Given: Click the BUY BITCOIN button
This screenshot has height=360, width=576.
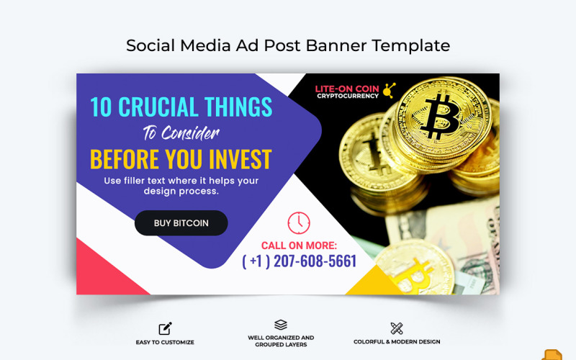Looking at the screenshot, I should tap(181, 223).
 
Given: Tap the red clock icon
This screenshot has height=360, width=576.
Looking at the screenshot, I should tap(299, 223).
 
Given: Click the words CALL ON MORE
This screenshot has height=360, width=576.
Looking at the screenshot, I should tap(299, 246).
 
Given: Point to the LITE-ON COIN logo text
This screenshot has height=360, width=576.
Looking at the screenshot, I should tap(347, 89).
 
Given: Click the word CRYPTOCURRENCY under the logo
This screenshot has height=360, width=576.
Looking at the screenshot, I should tap(347, 96).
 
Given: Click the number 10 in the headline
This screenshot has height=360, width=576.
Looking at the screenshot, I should tap(102, 107).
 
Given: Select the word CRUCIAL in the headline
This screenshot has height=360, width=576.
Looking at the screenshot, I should tap(160, 107).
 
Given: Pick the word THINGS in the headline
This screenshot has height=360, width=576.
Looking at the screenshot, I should tap(238, 107).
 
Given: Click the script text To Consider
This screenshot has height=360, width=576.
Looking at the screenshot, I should tap(181, 133).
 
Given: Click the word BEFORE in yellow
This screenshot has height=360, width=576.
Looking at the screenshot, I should tap(120, 158).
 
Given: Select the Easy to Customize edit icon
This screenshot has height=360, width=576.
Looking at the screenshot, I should tap(165, 328).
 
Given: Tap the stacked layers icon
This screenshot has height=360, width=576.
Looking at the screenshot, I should tap(281, 325).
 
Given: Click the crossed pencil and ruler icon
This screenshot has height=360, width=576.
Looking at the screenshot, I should tap(397, 328).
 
